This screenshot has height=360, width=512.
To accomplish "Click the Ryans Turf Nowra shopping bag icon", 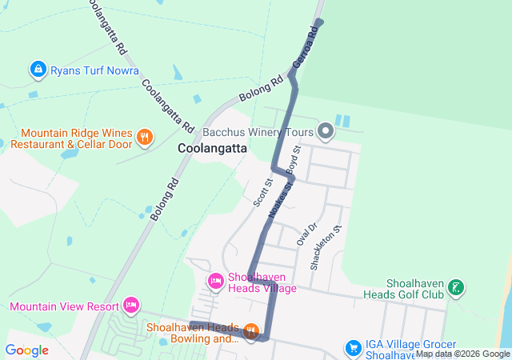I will click(38, 70).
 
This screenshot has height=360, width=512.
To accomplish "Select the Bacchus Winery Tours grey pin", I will click(326, 130).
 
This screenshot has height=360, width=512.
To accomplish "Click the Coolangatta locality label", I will click(212, 148).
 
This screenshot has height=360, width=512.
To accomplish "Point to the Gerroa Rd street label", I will click(306, 46).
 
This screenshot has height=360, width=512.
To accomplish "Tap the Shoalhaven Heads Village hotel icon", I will click(215, 281).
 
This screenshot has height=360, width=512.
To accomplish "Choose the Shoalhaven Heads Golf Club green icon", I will click(455, 288).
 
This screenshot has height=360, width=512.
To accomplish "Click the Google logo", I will click(26, 350).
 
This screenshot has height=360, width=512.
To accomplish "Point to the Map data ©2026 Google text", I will click(462, 354).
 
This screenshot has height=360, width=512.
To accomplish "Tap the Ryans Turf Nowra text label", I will click(94, 70).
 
